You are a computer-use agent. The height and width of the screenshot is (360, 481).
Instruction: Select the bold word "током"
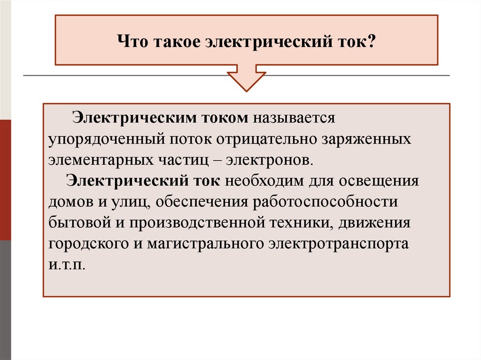[x=225, y=118]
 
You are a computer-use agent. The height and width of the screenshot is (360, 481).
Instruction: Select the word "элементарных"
[x=98, y=159]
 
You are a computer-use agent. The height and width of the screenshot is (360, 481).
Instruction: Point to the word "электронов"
[x=268, y=159]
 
